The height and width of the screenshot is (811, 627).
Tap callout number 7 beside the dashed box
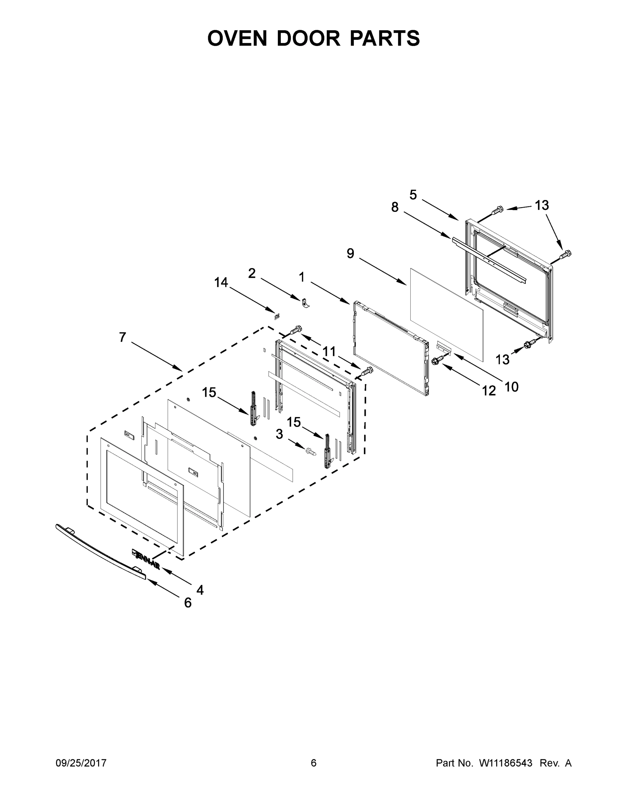coord(123,338)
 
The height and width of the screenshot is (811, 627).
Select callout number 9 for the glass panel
coord(350,254)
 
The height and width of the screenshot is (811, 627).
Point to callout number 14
coord(221,282)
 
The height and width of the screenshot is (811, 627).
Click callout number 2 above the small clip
coord(252,274)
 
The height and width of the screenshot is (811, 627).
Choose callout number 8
coord(395,207)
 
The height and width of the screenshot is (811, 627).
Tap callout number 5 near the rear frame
coord(413,195)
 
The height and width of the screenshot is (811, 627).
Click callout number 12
coord(489,391)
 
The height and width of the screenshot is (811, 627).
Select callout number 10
coord(511,387)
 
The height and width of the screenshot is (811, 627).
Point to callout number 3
coord(279,434)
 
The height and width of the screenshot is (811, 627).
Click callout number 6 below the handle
coord(188,603)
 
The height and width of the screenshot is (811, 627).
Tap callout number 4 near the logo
coord(200,590)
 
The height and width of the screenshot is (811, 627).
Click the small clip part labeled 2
coord(306,302)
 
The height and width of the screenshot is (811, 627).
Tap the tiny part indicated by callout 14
coord(276,316)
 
